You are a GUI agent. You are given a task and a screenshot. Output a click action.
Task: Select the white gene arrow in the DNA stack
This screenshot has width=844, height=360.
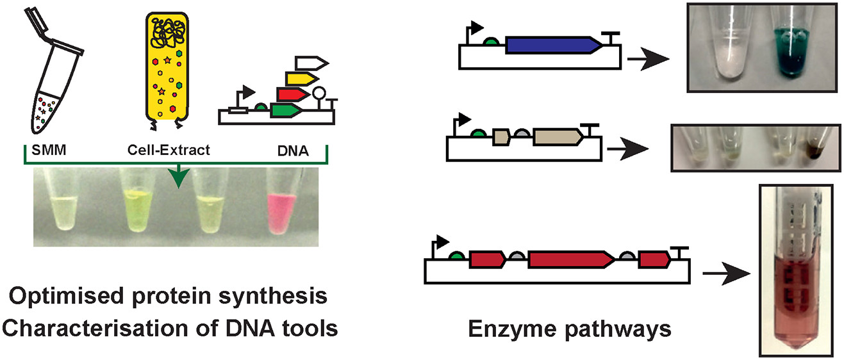pos(311,63)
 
